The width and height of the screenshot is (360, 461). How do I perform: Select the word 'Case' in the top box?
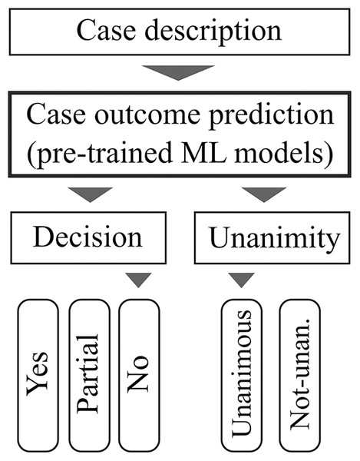[103, 32]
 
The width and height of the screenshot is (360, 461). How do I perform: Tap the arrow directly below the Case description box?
[179, 72]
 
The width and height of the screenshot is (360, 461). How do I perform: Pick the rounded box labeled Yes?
[38, 374]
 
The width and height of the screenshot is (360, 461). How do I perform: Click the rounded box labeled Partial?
[89, 374]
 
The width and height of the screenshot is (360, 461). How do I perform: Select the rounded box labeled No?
[139, 374]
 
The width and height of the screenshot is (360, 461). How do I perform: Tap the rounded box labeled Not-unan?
[300, 374]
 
